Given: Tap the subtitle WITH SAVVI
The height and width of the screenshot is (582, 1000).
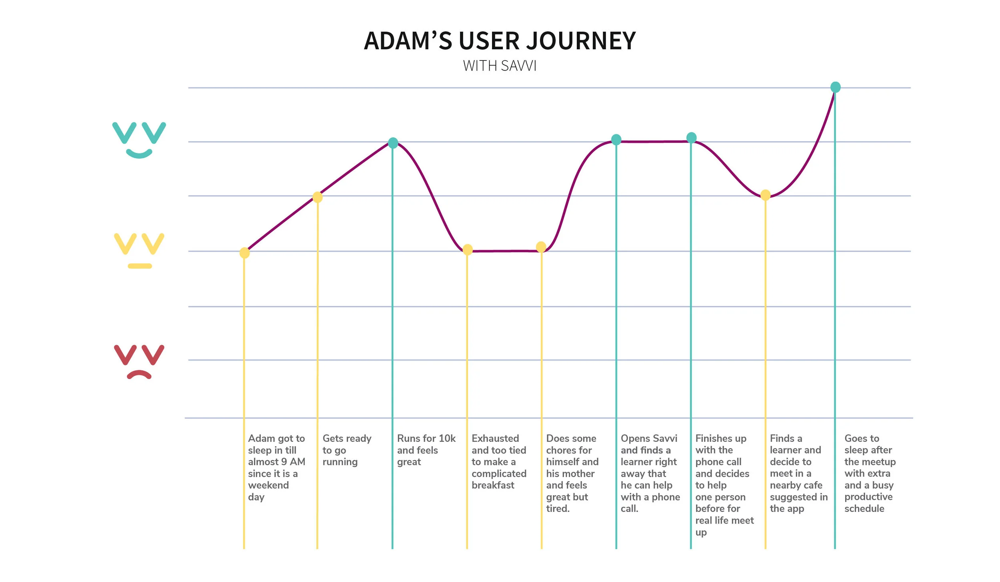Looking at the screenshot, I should click(500, 66).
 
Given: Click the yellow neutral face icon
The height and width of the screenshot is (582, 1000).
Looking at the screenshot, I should click(139, 251).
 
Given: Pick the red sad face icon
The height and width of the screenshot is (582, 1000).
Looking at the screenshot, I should click(139, 361).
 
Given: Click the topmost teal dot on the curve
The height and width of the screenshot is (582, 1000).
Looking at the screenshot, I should click(835, 87).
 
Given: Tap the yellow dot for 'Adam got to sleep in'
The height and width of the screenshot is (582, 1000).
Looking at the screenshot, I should click(244, 253).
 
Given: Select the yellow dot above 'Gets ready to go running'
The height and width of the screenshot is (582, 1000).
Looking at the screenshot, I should click(317, 197).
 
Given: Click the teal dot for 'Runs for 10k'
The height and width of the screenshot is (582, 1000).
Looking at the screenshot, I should click(393, 143).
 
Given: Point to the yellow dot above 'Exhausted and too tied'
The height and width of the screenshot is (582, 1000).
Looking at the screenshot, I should click(467, 250).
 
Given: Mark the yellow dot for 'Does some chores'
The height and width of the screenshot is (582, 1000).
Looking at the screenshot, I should click(541, 247).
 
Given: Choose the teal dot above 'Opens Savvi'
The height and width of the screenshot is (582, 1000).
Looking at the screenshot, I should click(616, 140).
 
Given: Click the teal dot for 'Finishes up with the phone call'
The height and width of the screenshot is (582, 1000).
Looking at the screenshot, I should click(691, 138).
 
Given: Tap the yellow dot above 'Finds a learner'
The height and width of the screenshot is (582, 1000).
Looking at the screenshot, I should click(765, 195).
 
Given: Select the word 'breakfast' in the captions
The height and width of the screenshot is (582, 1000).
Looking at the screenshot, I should click(493, 485).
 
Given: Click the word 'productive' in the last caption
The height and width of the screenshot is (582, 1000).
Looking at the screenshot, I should click(868, 497).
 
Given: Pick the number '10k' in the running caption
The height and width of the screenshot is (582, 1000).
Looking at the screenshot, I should click(447, 438).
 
